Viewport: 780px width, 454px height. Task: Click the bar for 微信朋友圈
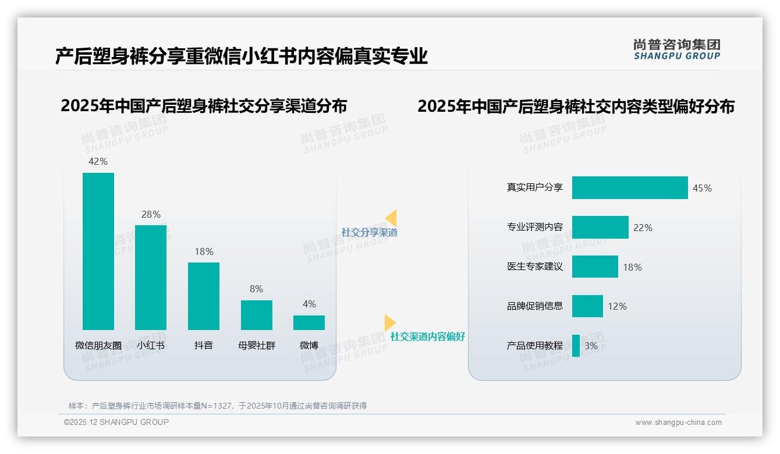coord(98,251)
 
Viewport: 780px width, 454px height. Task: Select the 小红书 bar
coord(151,278)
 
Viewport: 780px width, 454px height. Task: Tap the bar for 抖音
coord(204,296)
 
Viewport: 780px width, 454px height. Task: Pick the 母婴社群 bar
coord(257,315)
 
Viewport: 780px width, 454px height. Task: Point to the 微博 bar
coord(309,322)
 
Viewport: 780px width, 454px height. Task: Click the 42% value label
coord(98,161)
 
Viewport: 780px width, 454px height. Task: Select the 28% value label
coord(151,214)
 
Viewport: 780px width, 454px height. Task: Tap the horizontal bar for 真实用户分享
coord(630,187)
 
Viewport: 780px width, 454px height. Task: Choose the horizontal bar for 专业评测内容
coord(600,227)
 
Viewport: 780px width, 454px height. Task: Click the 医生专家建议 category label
coord(535,267)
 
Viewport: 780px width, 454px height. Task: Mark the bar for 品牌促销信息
coord(587,306)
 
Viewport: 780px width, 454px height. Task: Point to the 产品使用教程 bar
coord(576,346)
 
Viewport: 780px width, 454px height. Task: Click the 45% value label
coord(702,188)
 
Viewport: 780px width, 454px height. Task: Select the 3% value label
coord(591,346)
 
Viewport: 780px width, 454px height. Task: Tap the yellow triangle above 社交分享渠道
coord(392,218)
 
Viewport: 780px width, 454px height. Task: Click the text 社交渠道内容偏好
coord(427,336)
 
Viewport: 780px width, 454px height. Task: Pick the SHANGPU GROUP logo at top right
coord(677,49)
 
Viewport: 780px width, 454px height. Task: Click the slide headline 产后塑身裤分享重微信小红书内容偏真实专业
coord(242,56)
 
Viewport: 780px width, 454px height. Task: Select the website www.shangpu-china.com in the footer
coord(678,423)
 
